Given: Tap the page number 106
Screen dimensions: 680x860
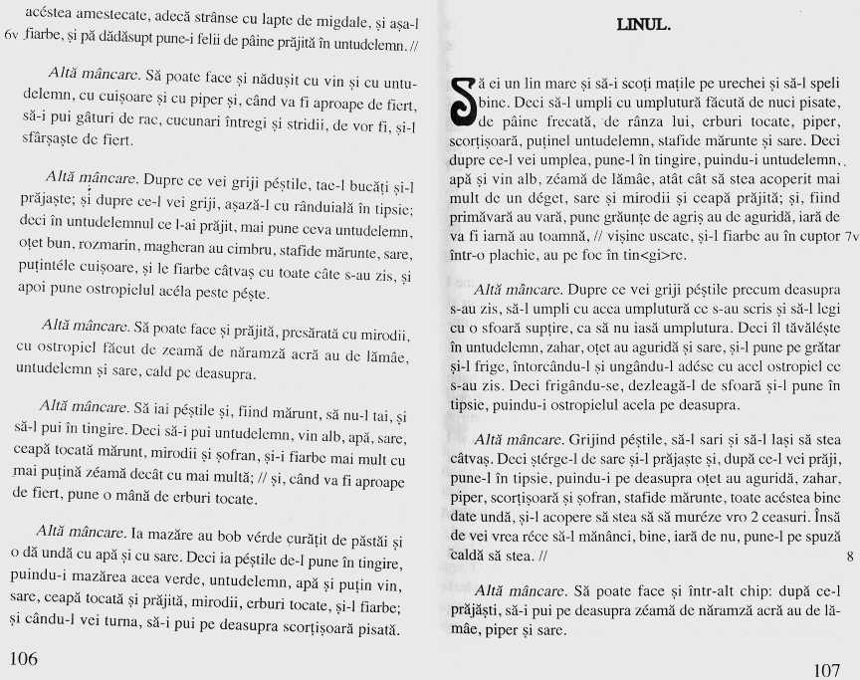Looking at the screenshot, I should point(23,658).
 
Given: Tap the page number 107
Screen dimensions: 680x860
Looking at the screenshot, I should point(826,669).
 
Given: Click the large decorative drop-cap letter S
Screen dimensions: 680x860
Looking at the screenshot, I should point(464,100).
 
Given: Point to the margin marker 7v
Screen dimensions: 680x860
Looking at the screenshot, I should point(848,237).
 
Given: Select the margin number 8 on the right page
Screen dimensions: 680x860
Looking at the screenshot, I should point(848,557).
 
